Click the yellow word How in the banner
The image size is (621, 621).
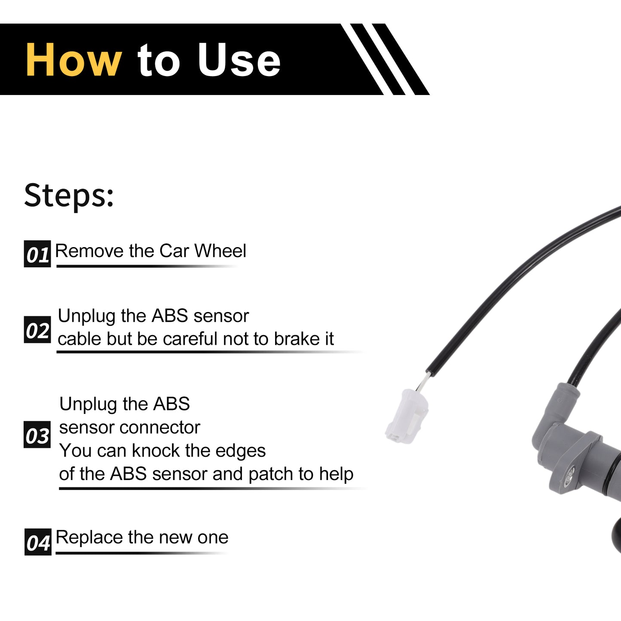coord(74,60)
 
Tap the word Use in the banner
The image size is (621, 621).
coord(239,60)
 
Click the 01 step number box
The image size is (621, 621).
coord(37,254)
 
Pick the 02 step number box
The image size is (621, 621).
coord(37,330)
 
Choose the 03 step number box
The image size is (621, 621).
coord(37,434)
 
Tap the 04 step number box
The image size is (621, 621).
coord(38,542)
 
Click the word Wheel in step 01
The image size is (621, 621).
coord(220,251)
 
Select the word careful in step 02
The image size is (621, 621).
coord(190,339)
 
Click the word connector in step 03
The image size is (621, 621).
coord(160,428)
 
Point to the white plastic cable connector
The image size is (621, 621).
coord(407,416)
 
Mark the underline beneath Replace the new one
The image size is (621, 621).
coord(142,554)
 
